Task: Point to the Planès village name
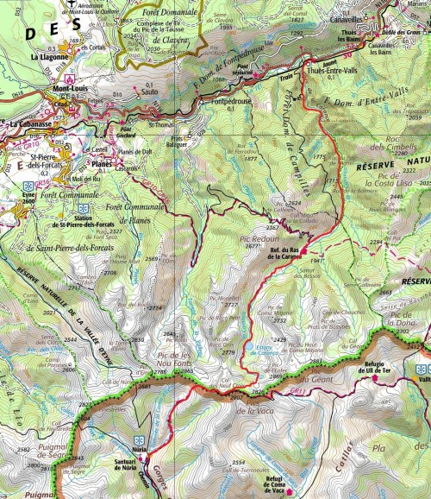[x=103, y=160]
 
